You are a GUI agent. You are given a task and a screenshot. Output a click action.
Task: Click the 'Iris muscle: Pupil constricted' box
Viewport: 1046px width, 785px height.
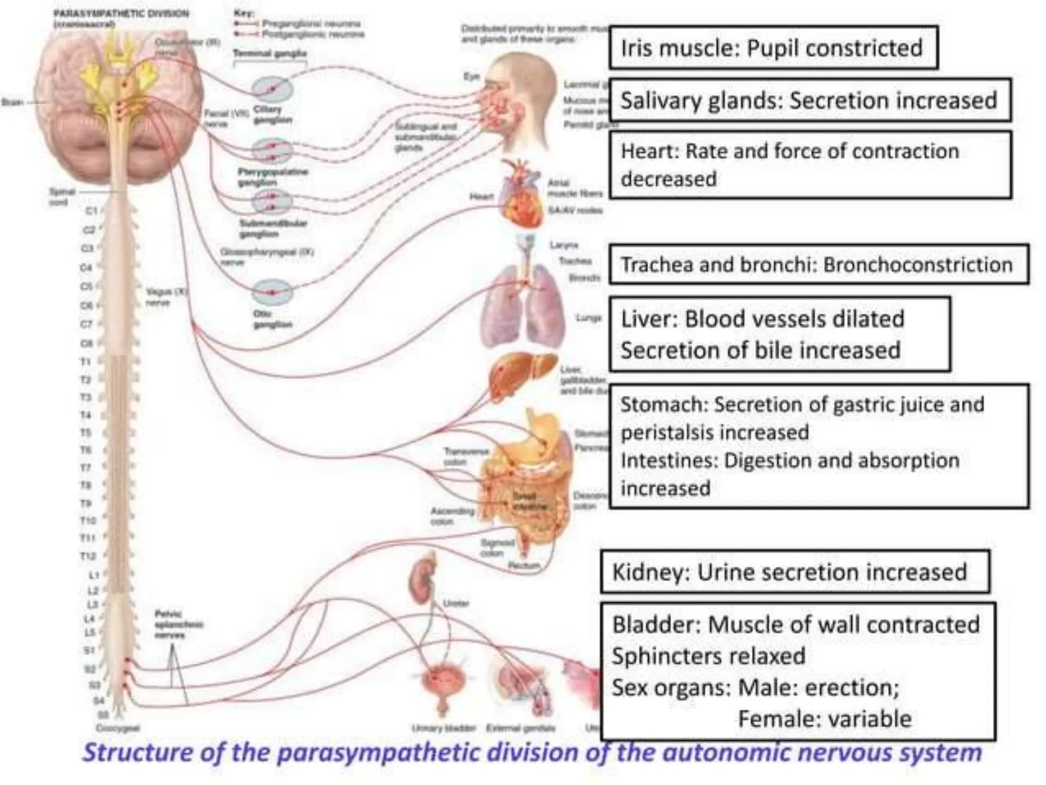point(773,48)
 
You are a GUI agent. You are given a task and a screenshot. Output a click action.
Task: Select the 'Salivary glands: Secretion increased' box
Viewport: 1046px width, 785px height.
point(809,100)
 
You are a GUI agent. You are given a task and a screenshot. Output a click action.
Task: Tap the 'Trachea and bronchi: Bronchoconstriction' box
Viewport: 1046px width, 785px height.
point(818,265)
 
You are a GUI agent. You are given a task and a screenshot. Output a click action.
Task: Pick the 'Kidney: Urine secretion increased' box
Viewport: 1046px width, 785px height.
point(794,572)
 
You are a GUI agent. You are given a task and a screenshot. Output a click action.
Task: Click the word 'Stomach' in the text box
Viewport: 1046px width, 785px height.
point(662,405)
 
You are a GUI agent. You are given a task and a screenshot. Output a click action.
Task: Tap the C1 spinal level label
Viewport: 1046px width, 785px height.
point(91,211)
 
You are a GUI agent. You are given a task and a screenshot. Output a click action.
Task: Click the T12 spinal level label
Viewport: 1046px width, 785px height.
point(88,556)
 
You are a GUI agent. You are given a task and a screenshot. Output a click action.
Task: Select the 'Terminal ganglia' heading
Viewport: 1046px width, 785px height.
point(270,53)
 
